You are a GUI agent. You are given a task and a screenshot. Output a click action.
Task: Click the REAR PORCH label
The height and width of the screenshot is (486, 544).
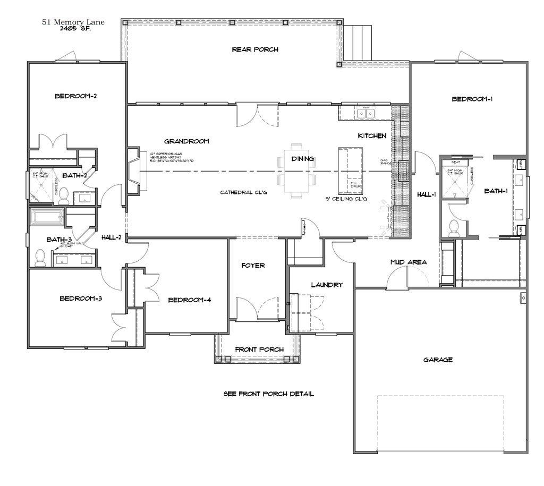(x=255, y=49)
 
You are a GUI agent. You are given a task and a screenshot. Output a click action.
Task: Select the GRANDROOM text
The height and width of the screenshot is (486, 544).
(x=186, y=141)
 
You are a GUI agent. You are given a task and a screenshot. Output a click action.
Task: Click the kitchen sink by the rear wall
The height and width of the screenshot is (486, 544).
(x=365, y=113)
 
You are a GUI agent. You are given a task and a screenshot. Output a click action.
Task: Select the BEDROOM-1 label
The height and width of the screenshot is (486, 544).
(x=472, y=99)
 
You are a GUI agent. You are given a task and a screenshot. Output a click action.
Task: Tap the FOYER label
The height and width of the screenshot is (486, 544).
(x=253, y=265)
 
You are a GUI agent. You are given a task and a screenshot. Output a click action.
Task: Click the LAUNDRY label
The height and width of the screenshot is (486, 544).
(x=327, y=285)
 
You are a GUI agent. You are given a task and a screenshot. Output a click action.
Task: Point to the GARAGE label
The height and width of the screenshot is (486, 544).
(x=438, y=360)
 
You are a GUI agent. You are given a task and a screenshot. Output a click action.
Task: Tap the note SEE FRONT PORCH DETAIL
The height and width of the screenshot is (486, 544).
(x=268, y=394)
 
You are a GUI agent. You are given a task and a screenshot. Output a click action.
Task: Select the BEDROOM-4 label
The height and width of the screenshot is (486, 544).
(x=190, y=300)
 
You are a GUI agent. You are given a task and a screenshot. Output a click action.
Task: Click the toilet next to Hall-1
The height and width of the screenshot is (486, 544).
(x=454, y=227)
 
